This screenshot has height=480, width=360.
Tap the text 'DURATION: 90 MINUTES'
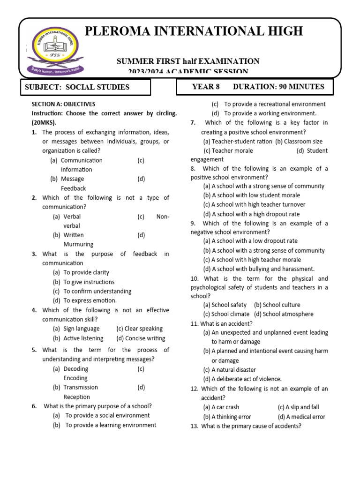[x=278, y=87]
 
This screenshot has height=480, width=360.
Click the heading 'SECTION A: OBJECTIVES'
[x=63, y=104]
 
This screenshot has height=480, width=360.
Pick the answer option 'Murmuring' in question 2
[x=78, y=244]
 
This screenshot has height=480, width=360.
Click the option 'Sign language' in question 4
[x=82, y=329]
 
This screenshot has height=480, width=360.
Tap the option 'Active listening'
[x=83, y=338]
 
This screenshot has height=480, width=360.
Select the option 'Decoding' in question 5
[x=75, y=369]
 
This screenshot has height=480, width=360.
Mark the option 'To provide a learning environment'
[x=111, y=425]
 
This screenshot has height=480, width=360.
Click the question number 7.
[x=193, y=123]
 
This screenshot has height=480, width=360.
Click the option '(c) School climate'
[x=226, y=314]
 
